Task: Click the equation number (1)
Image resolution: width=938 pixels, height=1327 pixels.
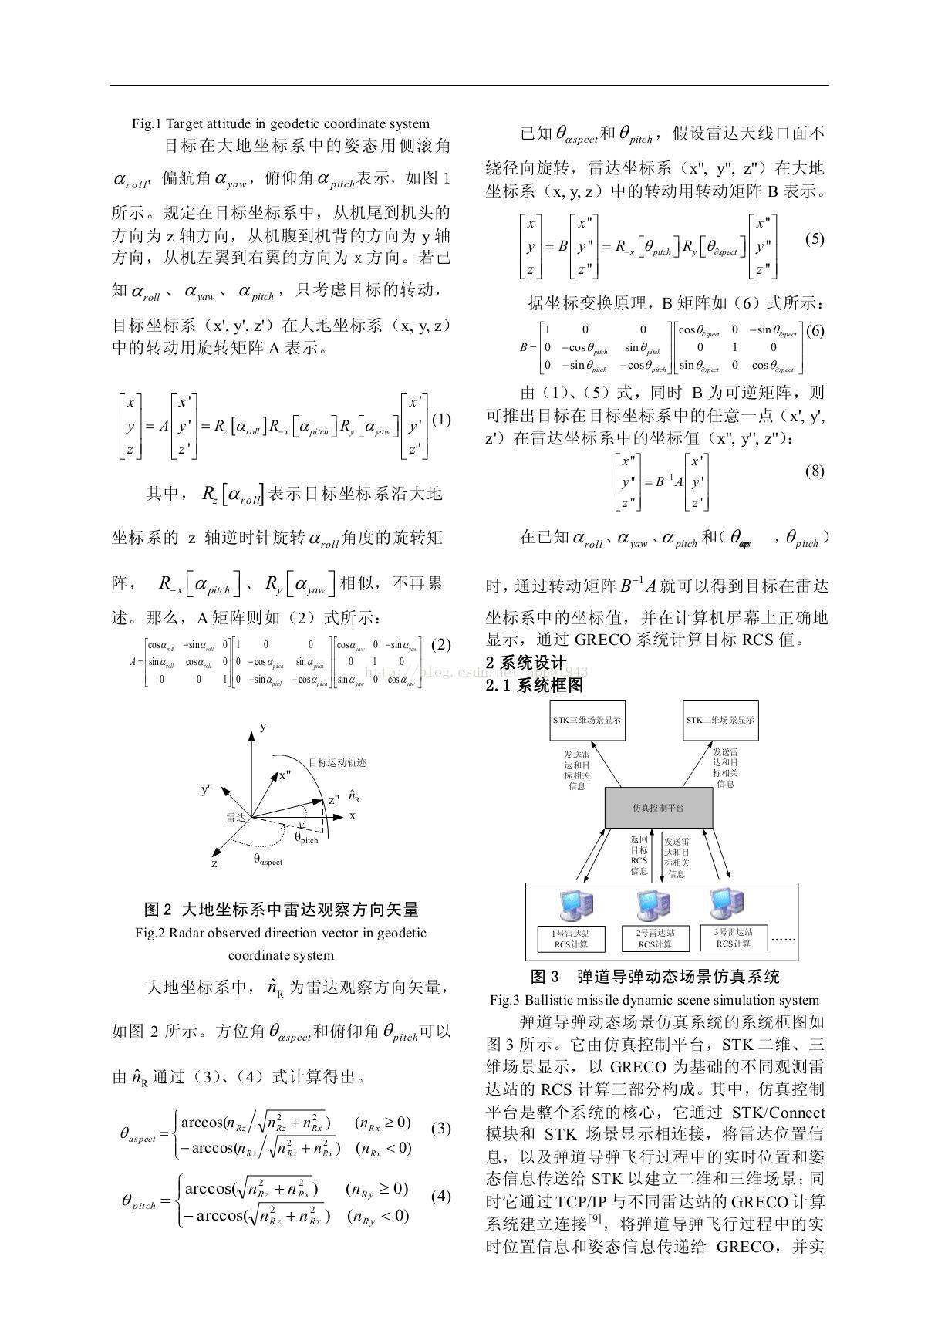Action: point(440,420)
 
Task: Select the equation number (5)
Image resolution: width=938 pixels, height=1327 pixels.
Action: point(814,239)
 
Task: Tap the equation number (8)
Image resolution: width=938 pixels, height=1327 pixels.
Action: point(815,471)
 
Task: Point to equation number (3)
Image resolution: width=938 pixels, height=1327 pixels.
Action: point(440,1128)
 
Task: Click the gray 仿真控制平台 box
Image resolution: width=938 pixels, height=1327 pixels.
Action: point(658,808)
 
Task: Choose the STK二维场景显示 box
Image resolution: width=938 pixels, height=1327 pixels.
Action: point(720,720)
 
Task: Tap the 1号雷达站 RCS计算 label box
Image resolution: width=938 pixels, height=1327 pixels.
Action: point(571,938)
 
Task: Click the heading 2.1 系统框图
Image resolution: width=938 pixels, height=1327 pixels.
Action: point(535,685)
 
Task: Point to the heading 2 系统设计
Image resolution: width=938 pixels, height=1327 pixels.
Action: point(526,663)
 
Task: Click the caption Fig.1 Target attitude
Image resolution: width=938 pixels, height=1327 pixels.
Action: point(281,123)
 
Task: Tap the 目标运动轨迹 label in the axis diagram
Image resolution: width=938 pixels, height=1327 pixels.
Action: point(337,763)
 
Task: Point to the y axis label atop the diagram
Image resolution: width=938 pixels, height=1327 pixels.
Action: point(263,727)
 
